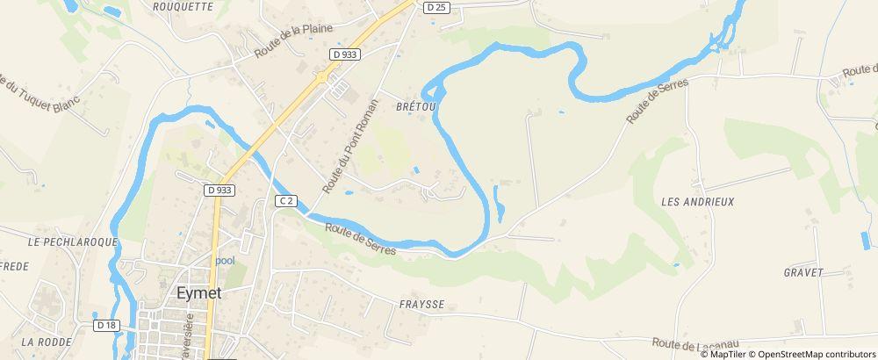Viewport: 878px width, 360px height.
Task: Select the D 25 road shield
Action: (x=435, y=7)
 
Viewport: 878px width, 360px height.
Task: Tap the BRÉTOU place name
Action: (x=416, y=105)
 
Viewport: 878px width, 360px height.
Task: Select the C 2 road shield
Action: (x=284, y=201)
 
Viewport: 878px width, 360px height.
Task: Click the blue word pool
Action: (x=226, y=261)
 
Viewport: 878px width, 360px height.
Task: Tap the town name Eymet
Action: (x=198, y=294)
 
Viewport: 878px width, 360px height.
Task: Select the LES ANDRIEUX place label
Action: (x=697, y=202)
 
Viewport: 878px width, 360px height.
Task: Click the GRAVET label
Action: (x=803, y=273)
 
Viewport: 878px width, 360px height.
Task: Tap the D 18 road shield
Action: (x=107, y=325)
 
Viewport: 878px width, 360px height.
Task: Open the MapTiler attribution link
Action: (x=727, y=354)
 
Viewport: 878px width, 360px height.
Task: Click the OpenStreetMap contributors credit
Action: (x=816, y=354)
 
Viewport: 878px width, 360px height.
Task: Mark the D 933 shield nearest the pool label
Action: (x=220, y=190)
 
